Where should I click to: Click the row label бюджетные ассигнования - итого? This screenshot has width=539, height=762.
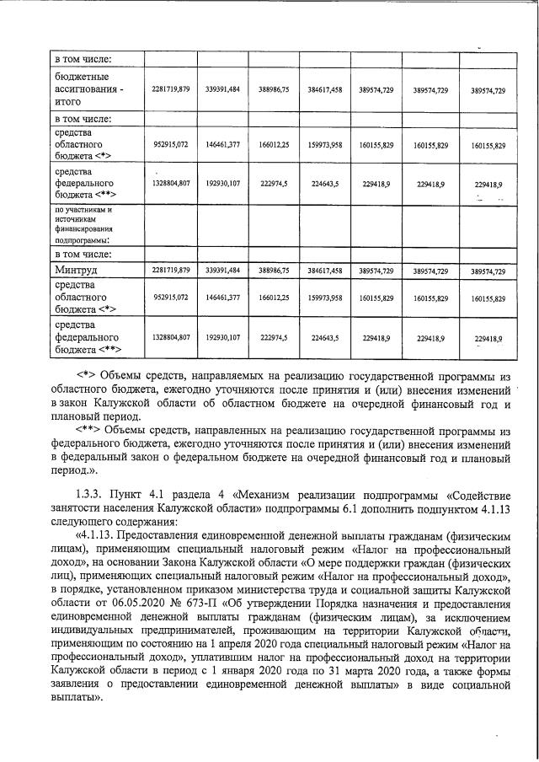point(88,89)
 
